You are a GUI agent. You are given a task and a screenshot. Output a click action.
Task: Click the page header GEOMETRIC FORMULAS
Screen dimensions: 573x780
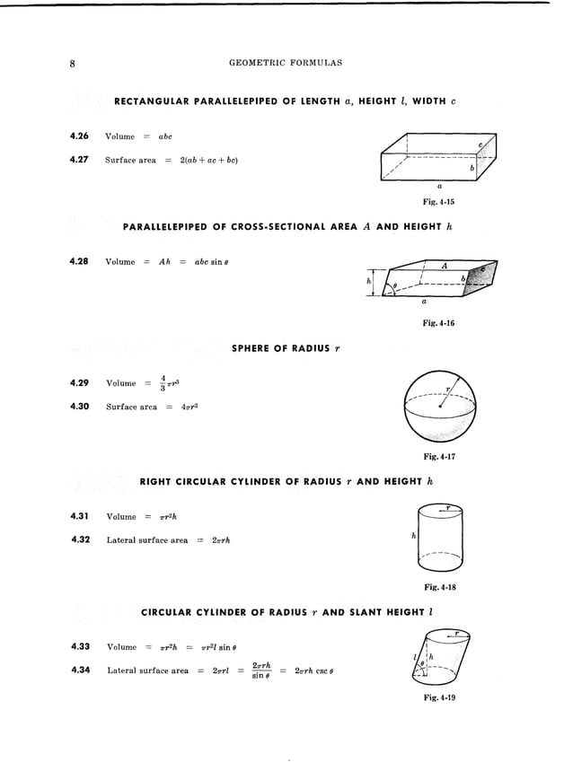point(286,64)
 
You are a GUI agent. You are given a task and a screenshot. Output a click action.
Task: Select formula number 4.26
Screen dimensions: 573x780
point(77,136)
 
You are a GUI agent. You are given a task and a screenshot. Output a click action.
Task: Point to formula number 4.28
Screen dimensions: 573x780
point(77,262)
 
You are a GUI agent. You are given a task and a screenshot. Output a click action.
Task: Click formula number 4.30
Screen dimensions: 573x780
point(77,407)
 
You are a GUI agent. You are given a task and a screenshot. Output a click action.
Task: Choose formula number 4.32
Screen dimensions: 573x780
point(77,539)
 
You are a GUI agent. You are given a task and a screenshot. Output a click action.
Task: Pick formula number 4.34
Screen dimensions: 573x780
point(77,669)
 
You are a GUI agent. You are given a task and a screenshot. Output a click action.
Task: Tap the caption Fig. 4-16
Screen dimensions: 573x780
point(439,323)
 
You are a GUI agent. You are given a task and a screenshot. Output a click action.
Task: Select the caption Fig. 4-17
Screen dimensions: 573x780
point(439,456)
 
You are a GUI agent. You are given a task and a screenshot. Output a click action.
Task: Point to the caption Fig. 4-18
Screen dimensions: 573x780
point(439,587)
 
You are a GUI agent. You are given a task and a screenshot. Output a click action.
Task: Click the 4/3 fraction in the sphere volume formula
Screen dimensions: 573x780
point(163,383)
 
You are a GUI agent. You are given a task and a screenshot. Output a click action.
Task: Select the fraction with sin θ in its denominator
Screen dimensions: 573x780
point(262,670)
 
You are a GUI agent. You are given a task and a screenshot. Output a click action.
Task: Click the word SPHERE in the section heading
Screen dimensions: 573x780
point(255,347)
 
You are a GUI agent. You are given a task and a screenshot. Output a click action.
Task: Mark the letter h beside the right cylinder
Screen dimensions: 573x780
point(412,536)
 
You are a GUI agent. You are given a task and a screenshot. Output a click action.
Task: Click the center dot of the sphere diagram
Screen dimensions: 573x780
point(440,408)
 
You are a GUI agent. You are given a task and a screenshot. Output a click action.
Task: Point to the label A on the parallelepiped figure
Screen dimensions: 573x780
point(444,266)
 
